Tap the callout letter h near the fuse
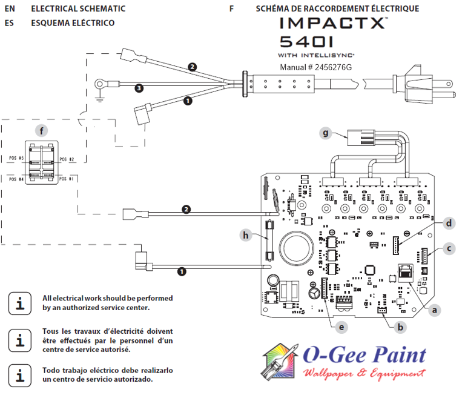pyautogui.click(x=246, y=235)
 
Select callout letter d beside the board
pyautogui.click(x=449, y=224)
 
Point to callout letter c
pyautogui.click(x=449, y=247)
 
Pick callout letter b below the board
pyautogui.click(x=399, y=327)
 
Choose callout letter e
pyautogui.click(x=341, y=327)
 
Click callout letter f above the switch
pyautogui.click(x=41, y=130)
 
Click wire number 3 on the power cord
pyautogui.click(x=139, y=88)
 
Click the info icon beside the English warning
pyautogui.click(x=21, y=303)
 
